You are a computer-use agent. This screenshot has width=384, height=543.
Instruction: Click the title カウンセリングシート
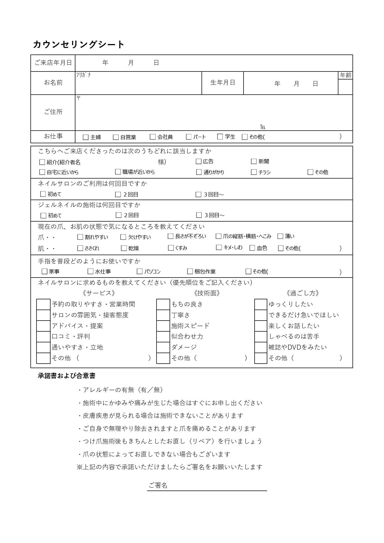(79, 45)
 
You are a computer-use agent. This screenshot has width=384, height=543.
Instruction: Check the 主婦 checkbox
(86, 137)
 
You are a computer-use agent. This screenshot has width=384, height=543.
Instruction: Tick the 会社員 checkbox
(153, 137)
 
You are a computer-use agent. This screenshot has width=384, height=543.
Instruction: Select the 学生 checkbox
(220, 137)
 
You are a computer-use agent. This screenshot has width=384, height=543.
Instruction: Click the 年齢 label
(345, 75)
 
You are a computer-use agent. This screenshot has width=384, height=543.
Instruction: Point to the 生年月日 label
(222, 83)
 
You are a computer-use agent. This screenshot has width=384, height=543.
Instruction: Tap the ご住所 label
(53, 112)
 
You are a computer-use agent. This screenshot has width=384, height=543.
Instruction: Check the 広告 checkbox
(199, 162)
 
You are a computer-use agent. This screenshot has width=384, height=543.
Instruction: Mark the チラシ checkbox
(254, 172)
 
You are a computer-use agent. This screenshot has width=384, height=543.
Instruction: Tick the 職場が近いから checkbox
(118, 172)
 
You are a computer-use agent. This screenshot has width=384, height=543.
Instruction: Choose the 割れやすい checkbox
(80, 237)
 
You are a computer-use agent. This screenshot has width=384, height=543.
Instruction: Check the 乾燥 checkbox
(124, 248)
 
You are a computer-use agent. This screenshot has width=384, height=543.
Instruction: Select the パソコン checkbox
(140, 271)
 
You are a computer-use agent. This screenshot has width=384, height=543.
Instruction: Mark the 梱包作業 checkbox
(190, 271)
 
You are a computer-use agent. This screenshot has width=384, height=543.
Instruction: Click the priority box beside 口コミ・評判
(43, 336)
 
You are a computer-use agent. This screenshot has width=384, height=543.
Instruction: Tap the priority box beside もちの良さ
(163, 304)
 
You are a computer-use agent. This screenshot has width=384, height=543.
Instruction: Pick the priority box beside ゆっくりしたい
(261, 304)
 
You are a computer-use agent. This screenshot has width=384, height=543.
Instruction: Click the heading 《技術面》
(207, 293)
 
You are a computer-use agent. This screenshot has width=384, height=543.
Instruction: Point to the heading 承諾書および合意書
(67, 376)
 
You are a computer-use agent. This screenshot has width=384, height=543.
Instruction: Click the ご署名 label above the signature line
(158, 485)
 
